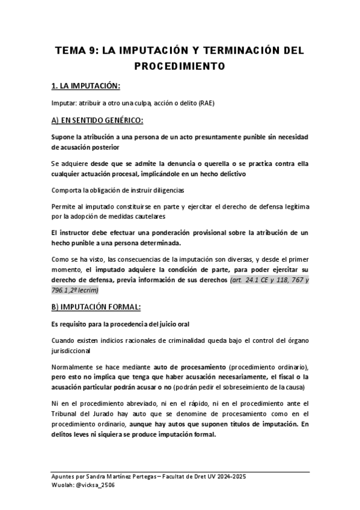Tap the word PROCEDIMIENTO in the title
[180, 66]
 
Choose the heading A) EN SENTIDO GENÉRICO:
[97, 120]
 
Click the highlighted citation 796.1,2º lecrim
[76, 290]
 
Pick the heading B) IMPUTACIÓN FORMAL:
[97, 307]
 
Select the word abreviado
[126, 403]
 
